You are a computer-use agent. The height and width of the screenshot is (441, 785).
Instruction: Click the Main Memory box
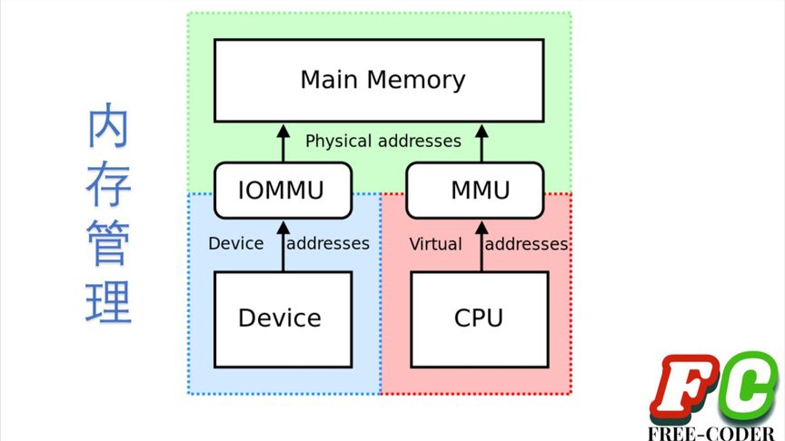click(379, 80)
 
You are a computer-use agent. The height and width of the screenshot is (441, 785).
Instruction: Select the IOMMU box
click(282, 191)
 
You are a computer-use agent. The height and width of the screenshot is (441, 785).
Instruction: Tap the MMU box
click(481, 191)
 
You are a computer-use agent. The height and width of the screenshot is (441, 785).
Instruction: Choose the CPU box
click(479, 318)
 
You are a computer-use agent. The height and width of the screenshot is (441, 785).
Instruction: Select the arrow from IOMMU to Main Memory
click(283, 142)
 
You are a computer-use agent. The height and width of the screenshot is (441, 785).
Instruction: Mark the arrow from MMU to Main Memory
click(481, 142)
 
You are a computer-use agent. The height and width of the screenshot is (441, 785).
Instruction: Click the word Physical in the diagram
click(338, 142)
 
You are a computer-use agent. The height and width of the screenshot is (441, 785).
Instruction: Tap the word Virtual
click(435, 244)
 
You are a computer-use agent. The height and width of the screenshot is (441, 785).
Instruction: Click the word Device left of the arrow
click(235, 243)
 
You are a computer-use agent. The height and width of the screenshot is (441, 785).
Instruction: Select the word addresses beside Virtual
click(527, 244)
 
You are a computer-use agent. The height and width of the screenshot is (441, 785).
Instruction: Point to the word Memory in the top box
click(419, 80)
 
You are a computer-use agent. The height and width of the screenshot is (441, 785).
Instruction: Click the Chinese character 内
click(108, 130)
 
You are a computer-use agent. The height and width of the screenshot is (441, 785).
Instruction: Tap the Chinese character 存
click(108, 186)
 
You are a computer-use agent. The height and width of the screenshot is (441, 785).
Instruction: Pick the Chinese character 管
click(108, 244)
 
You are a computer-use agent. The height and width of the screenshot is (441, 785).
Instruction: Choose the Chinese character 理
click(108, 302)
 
